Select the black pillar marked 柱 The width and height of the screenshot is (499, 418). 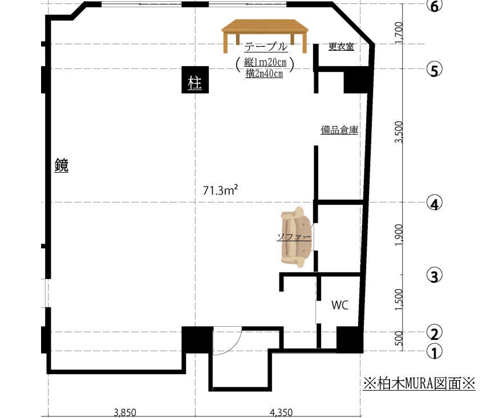tap(195, 80)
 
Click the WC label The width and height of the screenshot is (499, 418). tap(340, 305)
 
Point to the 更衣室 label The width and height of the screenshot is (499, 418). tap(341, 47)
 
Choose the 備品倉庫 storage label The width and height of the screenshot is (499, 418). tap(339, 130)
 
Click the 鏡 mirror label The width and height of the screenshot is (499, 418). tap(61, 165)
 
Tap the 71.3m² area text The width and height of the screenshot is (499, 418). tap(221, 190)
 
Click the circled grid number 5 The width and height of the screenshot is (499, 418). tap(435, 70)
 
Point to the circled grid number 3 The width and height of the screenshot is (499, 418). tap(435, 276)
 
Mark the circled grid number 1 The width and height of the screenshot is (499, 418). tap(435, 352)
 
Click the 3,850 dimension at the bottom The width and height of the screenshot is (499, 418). tap(125, 413)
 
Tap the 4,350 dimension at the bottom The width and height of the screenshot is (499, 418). tap(281, 413)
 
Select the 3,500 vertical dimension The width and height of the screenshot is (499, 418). tap(399, 132)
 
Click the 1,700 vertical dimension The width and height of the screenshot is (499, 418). tap(399, 33)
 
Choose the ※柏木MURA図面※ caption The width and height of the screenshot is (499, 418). tap(419, 383)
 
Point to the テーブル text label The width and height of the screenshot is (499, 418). tap(266, 47)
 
